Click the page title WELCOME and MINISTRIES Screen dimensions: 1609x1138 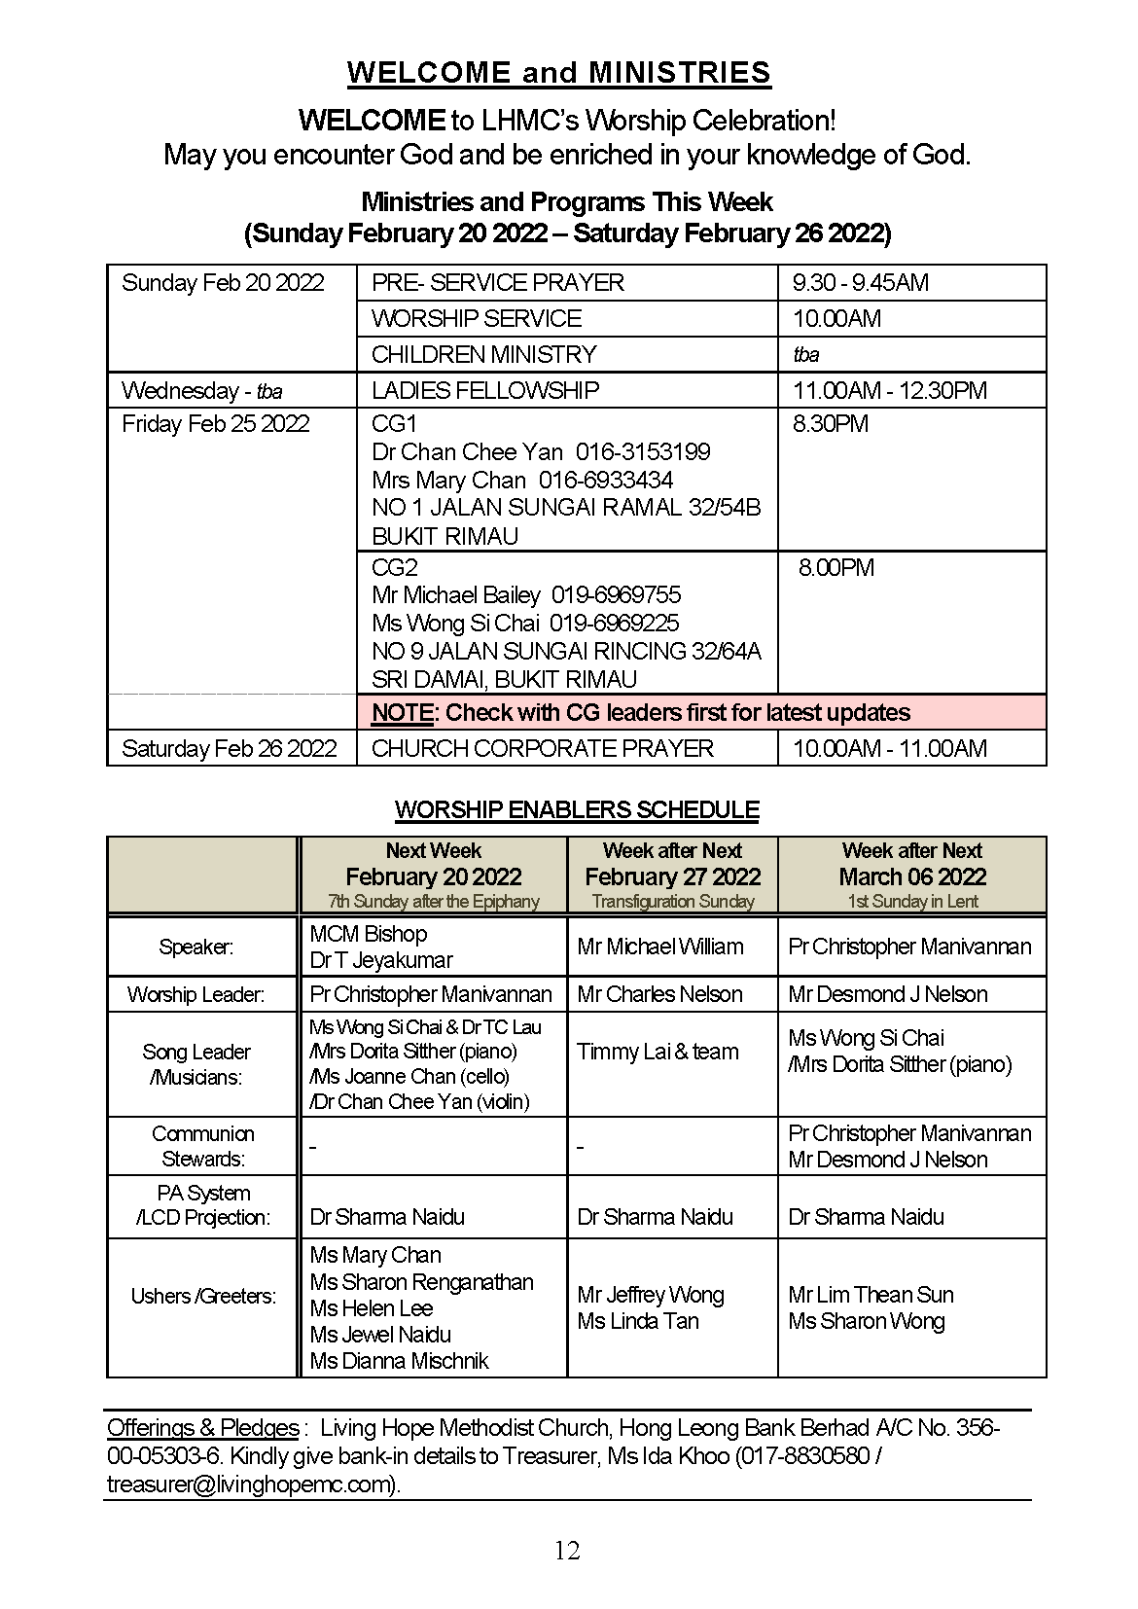[x=558, y=73]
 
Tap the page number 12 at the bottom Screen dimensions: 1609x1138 [x=567, y=1551]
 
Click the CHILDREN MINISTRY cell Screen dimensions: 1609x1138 [x=483, y=354]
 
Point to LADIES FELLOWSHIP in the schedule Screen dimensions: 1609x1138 [x=484, y=390]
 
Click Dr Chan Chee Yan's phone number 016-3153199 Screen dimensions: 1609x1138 [x=642, y=451]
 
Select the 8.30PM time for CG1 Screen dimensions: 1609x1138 [x=830, y=423]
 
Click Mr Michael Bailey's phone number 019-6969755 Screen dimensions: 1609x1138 [x=616, y=594]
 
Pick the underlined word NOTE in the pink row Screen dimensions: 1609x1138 [x=402, y=712]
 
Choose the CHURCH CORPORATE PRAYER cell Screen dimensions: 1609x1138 [x=542, y=748]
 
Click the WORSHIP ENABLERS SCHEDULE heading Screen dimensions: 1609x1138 [x=577, y=809]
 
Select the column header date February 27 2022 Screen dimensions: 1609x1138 [x=672, y=876]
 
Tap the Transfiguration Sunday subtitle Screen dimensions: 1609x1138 [x=672, y=902]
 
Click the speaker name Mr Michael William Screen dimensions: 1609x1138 [x=659, y=947]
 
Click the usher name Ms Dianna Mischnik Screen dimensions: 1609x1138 [x=399, y=1361]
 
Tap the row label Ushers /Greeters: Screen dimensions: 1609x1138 [x=203, y=1296]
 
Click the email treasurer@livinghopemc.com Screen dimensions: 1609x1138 [x=251, y=1484]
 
